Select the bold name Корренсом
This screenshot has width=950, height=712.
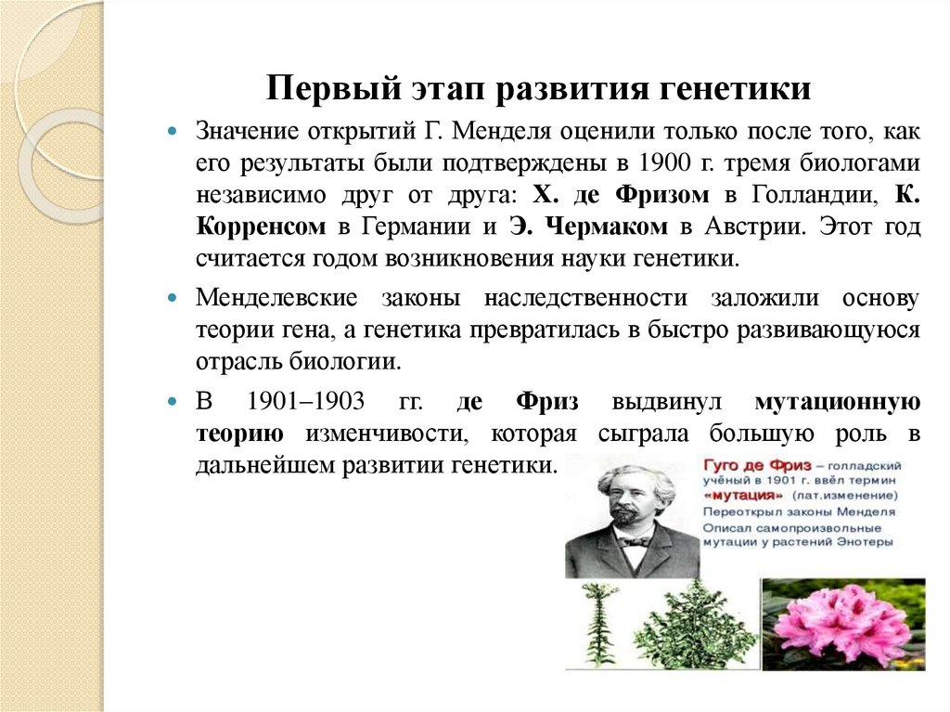coord(261,227)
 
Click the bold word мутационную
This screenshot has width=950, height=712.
coord(837,403)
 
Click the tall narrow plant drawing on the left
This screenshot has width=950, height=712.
coord(598,624)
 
